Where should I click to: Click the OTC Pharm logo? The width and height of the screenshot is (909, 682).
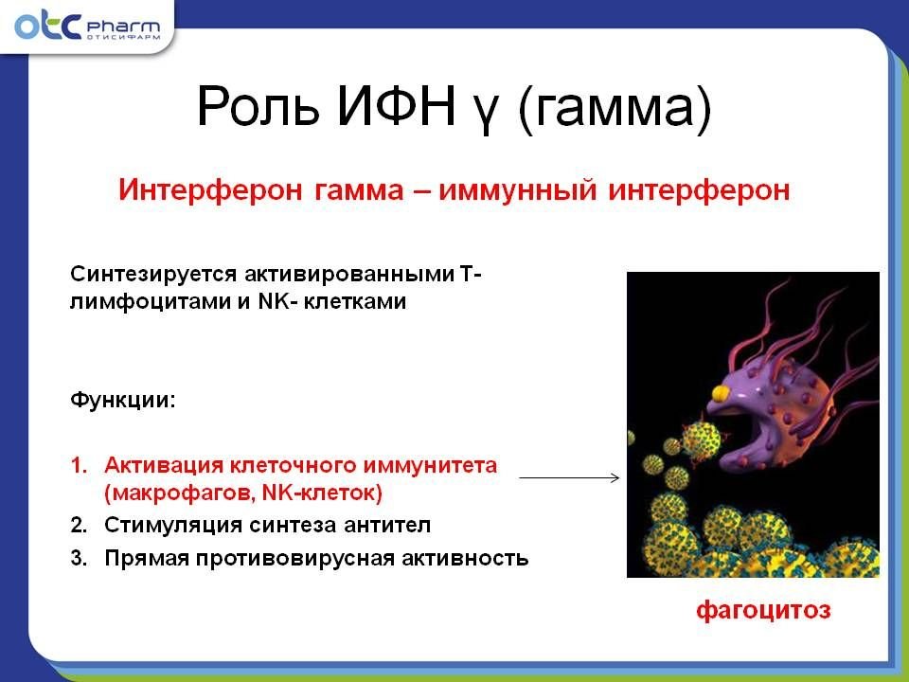(x=87, y=27)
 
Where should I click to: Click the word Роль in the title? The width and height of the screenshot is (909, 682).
(x=258, y=106)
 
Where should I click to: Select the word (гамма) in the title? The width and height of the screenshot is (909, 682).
(x=615, y=108)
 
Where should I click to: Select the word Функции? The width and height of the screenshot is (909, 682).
(x=122, y=400)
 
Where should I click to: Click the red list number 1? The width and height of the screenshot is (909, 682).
(x=79, y=465)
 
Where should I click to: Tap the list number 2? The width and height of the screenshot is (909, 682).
(x=79, y=525)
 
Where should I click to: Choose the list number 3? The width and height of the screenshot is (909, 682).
(x=79, y=558)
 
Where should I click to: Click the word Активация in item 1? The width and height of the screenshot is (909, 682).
(x=164, y=465)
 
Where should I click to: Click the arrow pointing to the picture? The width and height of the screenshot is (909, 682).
(x=569, y=477)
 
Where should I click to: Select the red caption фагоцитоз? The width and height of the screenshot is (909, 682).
(x=763, y=611)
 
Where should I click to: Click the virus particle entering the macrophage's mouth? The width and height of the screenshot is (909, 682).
(x=702, y=439)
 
